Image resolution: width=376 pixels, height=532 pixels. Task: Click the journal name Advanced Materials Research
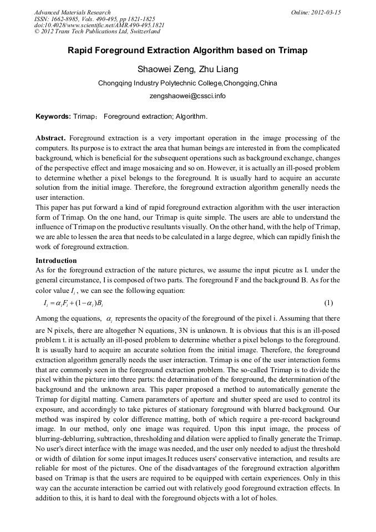72,12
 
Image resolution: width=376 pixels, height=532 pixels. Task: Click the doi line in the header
99,26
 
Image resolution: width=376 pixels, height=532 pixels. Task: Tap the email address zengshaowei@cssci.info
188,95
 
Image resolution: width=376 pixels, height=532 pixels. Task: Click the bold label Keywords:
53,116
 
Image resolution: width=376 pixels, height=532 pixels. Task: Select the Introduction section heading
56,260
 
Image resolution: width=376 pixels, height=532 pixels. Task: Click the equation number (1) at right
328,303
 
